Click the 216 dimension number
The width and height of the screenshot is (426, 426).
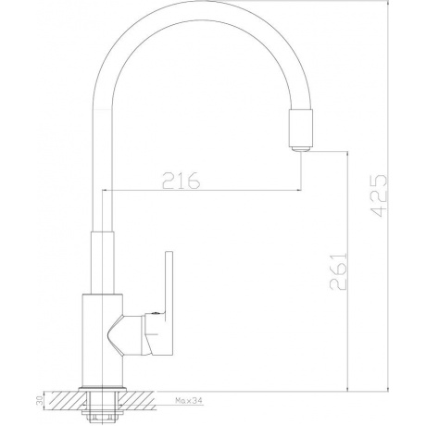182,181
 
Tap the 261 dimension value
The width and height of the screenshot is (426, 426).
336,270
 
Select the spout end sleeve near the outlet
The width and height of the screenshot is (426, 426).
302,127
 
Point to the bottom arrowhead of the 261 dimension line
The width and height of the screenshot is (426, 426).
347,388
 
